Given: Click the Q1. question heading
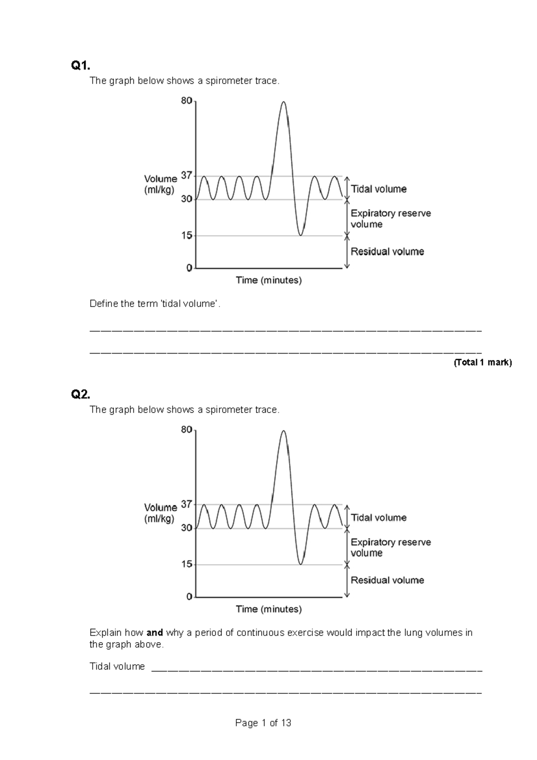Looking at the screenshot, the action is coord(81,66).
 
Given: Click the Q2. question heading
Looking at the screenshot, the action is coord(81,395).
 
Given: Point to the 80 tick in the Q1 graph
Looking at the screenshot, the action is coord(187,101).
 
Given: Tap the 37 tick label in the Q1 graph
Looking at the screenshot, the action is coord(187,176).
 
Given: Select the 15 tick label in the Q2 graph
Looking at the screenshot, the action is coord(187,564).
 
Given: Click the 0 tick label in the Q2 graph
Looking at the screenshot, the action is coord(189,597).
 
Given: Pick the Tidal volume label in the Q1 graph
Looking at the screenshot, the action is coord(379,189).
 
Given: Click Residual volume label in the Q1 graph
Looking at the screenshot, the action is coord(387,252).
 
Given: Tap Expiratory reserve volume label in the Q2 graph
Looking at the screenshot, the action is coord(391,547).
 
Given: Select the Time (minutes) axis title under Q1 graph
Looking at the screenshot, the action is coord(268,281).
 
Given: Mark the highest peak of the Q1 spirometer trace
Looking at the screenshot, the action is coord(283,102).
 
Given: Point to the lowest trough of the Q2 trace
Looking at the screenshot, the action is coord(301,564).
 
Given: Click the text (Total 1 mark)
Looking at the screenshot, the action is coord(482,363).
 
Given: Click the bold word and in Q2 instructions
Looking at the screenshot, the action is coord(154,633).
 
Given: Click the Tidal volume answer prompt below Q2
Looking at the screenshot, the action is coord(117,666).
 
